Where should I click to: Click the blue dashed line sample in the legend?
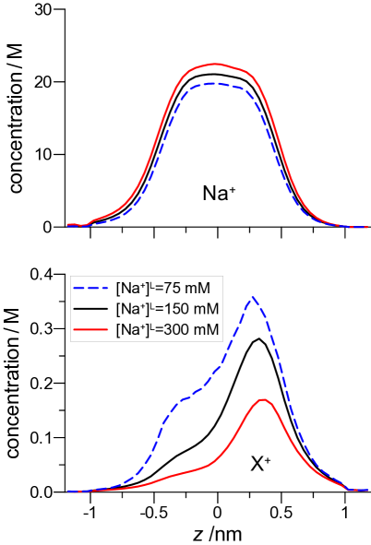(92, 288)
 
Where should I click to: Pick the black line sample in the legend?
(92, 309)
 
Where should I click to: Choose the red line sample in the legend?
(92, 329)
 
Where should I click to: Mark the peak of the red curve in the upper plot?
(216, 64)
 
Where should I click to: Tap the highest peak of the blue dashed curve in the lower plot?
(252, 298)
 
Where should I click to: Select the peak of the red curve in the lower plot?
(264, 399)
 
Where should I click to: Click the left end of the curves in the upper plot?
(68, 224)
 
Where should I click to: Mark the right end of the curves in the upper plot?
(367, 227)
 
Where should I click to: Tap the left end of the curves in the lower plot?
(68, 492)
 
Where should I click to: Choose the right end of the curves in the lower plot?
(367, 490)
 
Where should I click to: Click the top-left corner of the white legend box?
(71, 276)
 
